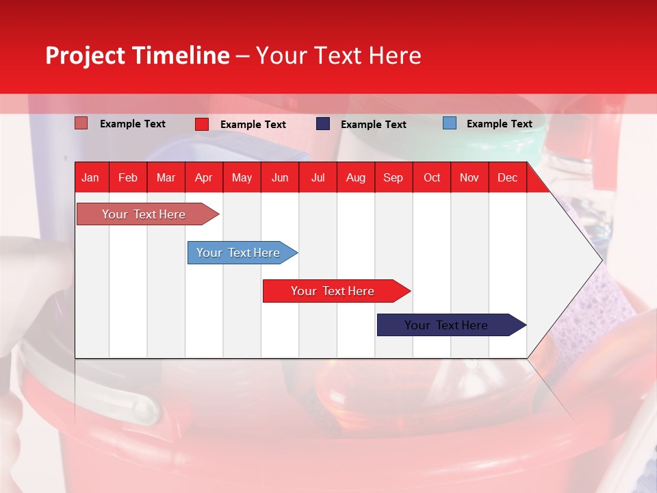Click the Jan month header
[x=90, y=177]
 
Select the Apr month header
[x=203, y=177]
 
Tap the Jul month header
[x=318, y=177]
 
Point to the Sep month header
[x=393, y=177]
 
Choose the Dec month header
[x=507, y=177]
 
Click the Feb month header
[x=128, y=177]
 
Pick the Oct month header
[x=432, y=177]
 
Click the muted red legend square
[x=81, y=123]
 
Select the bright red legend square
[x=202, y=124]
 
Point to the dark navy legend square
[x=323, y=124]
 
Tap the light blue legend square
[x=450, y=123]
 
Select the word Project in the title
[x=86, y=55]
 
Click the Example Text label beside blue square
[x=499, y=124]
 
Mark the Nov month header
[x=469, y=177]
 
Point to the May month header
[x=242, y=177]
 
